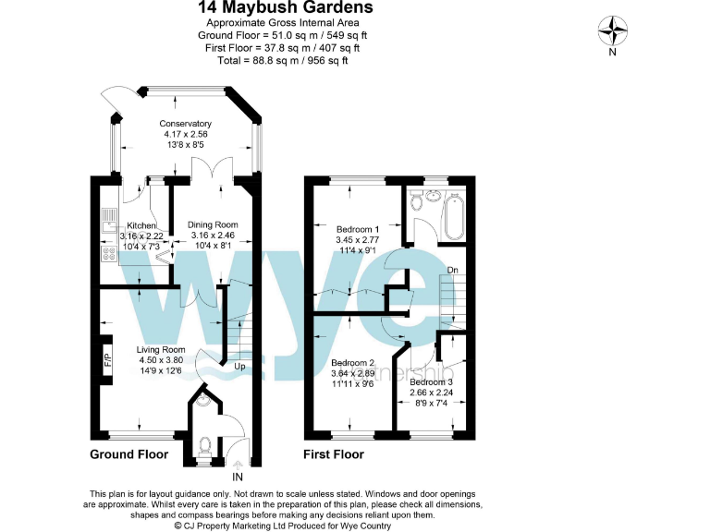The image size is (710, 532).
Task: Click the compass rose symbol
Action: [612, 31]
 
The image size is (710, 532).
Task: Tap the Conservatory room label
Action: [185, 124]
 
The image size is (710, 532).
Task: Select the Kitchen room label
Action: [141, 225]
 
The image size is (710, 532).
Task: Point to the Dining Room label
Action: [213, 224]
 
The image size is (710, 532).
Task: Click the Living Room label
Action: [161, 350]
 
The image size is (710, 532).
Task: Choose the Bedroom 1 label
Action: [357, 228]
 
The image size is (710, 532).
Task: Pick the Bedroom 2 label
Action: [352, 363]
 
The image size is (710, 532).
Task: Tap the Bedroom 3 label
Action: [432, 381]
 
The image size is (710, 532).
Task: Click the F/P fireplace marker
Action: [107, 360]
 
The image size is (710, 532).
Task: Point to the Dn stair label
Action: [453, 270]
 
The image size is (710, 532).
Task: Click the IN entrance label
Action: [238, 477]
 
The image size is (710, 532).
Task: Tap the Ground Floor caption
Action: [129, 454]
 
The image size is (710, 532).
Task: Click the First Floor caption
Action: [334, 454]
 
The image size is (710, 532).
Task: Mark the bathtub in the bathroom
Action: [455, 214]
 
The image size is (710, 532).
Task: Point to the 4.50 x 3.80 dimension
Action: [161, 361]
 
